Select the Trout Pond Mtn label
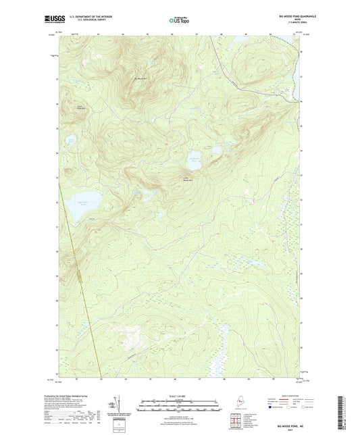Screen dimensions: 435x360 [x=80, y=107]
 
